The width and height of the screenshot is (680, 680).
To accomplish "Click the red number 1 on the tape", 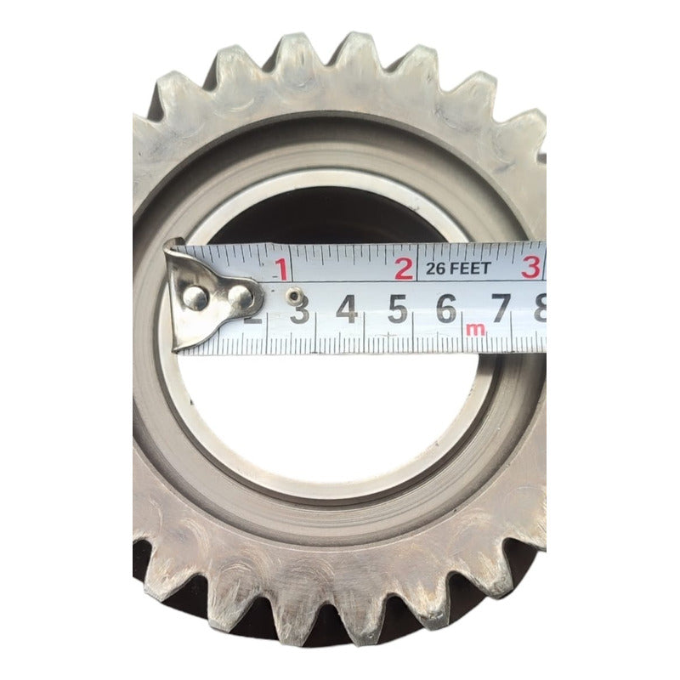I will tap(280, 271).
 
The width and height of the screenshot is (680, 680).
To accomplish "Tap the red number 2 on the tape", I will tap(405, 269).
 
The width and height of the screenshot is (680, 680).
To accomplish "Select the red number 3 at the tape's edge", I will tap(531, 268).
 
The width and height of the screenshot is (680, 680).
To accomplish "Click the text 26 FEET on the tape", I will tap(459, 269).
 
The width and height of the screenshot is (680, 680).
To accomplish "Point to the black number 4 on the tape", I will tap(346, 309).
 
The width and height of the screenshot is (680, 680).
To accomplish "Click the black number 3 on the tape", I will tap(299, 311).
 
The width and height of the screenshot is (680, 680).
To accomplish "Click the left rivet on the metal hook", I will tap(195, 297).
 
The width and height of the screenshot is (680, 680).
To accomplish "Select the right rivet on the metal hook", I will tap(242, 297).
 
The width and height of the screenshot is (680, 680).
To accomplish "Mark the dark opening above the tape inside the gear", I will tap(340, 217).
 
